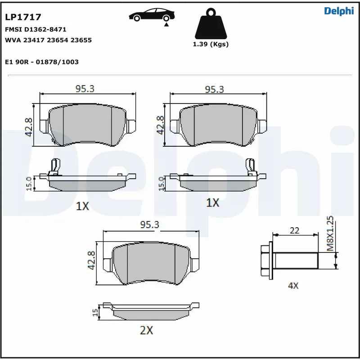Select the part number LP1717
coord(23,18)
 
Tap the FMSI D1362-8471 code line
coord(36,29)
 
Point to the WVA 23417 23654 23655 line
coord(48,40)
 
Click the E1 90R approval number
coord(41,62)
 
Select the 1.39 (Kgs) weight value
coord(210,44)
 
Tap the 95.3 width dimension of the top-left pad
coord(85,89)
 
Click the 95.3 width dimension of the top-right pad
coord(214,89)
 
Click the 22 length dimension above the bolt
coord(295,230)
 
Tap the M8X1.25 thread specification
coord(330,233)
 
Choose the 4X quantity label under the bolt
coord(293,285)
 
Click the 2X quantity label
coord(147,330)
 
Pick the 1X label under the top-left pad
coord(83,206)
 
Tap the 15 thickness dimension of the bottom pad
coord(95,312)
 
